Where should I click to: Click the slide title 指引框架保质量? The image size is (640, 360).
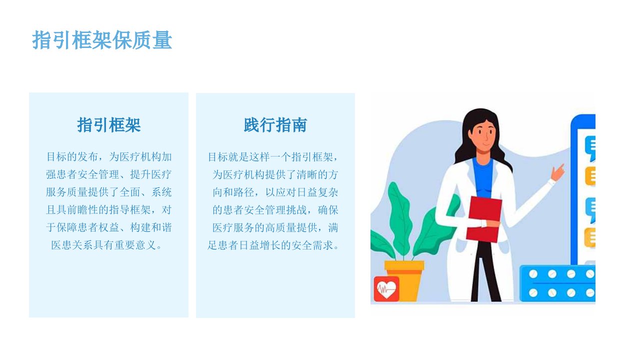pos(102,40)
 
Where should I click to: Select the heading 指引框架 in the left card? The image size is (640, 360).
pos(109,125)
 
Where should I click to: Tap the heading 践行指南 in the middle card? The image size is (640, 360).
pos(275,125)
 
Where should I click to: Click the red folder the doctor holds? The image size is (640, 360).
pos(484,219)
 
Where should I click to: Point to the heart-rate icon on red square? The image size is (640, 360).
pos(386,289)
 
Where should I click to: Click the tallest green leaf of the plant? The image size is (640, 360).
pos(400,217)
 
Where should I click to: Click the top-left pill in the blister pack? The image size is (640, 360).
pos(533,274)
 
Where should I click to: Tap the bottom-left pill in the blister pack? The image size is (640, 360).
pos(533,293)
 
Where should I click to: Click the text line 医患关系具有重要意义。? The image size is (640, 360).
pos(107,245)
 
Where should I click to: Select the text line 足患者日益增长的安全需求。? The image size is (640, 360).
pos(273,245)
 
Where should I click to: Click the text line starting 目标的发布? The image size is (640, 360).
pos(109,157)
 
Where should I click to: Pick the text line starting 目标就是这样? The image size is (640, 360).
pos(273,157)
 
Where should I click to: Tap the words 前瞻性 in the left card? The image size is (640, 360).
pos(83,210)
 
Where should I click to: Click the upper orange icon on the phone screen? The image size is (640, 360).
pos(590,176)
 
